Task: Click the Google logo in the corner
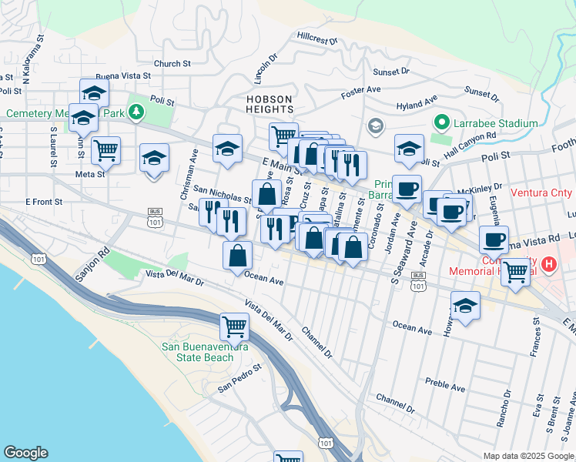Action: tap(25, 453)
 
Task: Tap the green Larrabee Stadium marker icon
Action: tap(441, 122)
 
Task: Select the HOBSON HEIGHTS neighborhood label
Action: tap(270, 105)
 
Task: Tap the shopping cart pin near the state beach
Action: tap(234, 326)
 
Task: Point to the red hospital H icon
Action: tap(548, 266)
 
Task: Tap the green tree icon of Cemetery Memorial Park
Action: tap(136, 113)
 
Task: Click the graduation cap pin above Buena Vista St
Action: tap(94, 92)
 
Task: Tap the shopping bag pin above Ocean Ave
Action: tap(238, 255)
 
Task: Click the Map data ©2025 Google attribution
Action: tap(528, 456)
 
